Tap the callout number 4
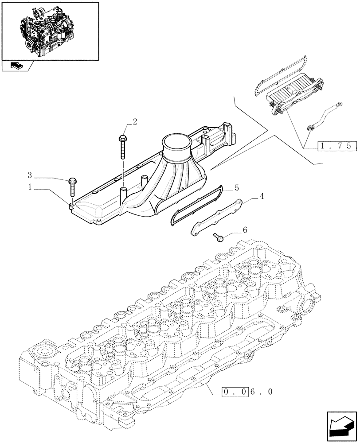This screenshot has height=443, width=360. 262,195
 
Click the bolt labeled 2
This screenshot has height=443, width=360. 122,146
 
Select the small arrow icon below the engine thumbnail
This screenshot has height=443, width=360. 17,66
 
